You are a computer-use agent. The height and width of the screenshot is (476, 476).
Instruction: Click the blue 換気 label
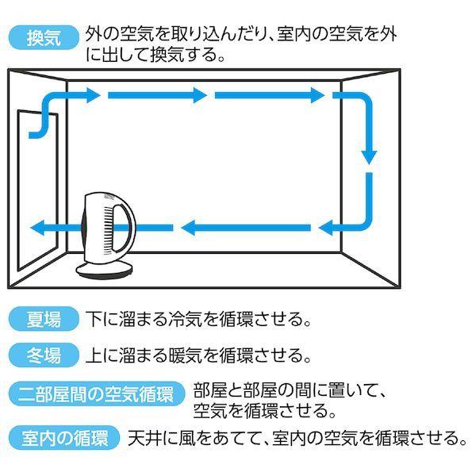click(x=44, y=36)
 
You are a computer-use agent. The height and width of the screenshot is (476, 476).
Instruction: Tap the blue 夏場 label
click(x=44, y=320)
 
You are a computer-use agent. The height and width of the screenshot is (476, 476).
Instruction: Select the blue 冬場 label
click(x=44, y=355)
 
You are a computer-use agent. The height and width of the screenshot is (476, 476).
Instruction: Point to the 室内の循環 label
click(x=62, y=438)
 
